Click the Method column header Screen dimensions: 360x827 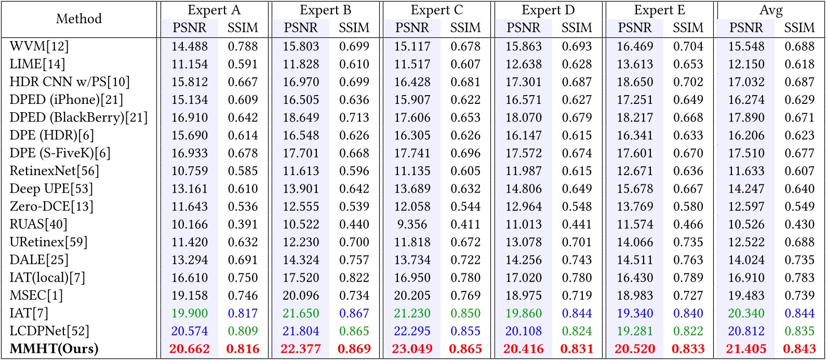[79, 19]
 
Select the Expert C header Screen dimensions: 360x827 [437, 10]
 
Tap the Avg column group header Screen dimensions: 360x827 [771, 10]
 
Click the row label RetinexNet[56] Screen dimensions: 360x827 [54, 171]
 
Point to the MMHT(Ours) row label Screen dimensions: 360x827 [55, 349]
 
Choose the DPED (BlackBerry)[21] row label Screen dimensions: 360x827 [78, 117]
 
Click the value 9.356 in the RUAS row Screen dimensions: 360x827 [412, 224]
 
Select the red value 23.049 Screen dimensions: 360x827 [412, 349]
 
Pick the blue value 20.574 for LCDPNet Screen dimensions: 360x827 [190, 331]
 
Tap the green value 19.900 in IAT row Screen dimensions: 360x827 [190, 313]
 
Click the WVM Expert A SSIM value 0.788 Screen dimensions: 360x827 [243, 46]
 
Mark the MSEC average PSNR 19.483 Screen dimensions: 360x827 [746, 295]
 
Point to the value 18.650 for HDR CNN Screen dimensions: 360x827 [635, 82]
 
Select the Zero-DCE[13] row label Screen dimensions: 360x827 [51, 206]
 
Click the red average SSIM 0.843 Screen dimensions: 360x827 [799, 349]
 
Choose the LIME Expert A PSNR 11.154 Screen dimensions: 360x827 [190, 64]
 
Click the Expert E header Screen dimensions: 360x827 [659, 10]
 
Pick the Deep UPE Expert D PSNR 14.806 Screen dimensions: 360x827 [524, 189]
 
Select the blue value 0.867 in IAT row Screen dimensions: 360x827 [354, 313]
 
